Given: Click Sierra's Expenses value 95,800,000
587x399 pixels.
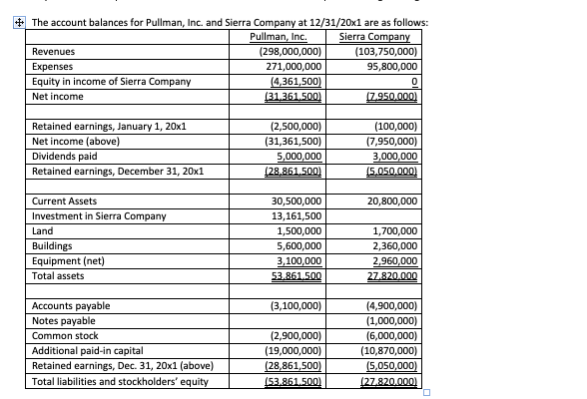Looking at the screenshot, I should [x=388, y=67].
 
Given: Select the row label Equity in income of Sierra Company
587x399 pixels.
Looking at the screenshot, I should [x=105, y=82].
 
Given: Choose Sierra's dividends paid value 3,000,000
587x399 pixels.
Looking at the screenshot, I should [x=392, y=156].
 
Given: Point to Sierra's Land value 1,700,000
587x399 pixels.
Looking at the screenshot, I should [x=392, y=230].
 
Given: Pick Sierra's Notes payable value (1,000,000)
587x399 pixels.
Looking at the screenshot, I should [x=390, y=321].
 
